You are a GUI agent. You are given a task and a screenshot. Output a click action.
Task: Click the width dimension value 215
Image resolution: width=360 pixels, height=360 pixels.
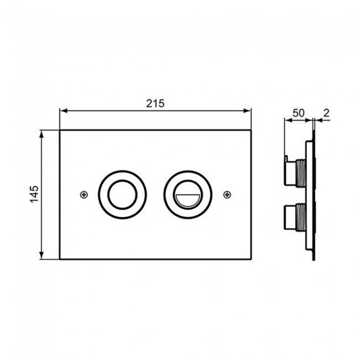[155, 103]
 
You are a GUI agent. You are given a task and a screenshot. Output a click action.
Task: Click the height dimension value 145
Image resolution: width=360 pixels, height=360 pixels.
[34, 194]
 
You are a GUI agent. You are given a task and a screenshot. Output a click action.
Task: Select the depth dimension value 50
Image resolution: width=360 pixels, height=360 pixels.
[299, 112]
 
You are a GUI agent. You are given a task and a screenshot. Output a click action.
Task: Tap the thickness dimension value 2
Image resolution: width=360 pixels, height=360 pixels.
[326, 112]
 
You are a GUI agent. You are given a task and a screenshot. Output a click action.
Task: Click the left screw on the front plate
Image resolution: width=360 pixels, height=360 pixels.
[83, 194]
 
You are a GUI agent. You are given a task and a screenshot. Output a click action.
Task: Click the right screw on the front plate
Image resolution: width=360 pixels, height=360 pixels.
[227, 194]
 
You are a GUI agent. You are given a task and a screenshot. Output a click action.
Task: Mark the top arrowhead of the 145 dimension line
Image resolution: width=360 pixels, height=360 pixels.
[42, 133]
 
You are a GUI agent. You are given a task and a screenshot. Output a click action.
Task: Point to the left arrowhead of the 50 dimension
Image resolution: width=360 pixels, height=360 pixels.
[287, 120]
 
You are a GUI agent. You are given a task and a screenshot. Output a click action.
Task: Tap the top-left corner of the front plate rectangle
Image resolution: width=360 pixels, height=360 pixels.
[60, 130]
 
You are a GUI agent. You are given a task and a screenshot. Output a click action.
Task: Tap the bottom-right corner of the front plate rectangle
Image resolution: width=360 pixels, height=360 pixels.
[251, 259]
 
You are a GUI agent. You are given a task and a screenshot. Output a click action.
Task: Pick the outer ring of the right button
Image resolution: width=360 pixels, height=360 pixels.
[187, 176]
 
